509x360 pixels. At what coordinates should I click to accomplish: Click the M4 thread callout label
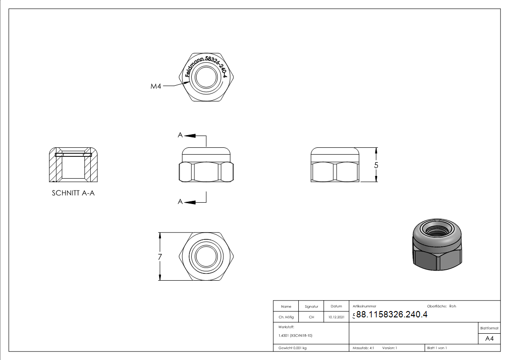tap(156, 86)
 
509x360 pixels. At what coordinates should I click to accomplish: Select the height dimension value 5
tap(376, 165)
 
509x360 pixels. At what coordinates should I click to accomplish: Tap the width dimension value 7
tap(160, 257)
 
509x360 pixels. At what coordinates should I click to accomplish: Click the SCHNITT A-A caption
tap(73, 193)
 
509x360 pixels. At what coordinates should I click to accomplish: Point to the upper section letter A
tap(180, 135)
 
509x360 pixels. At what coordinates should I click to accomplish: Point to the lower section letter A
tap(180, 202)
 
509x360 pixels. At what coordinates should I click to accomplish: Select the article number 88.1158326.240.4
tap(392, 314)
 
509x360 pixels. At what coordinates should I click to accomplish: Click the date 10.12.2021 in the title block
tap(336, 317)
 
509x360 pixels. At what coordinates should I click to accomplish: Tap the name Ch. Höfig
tap(286, 317)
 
